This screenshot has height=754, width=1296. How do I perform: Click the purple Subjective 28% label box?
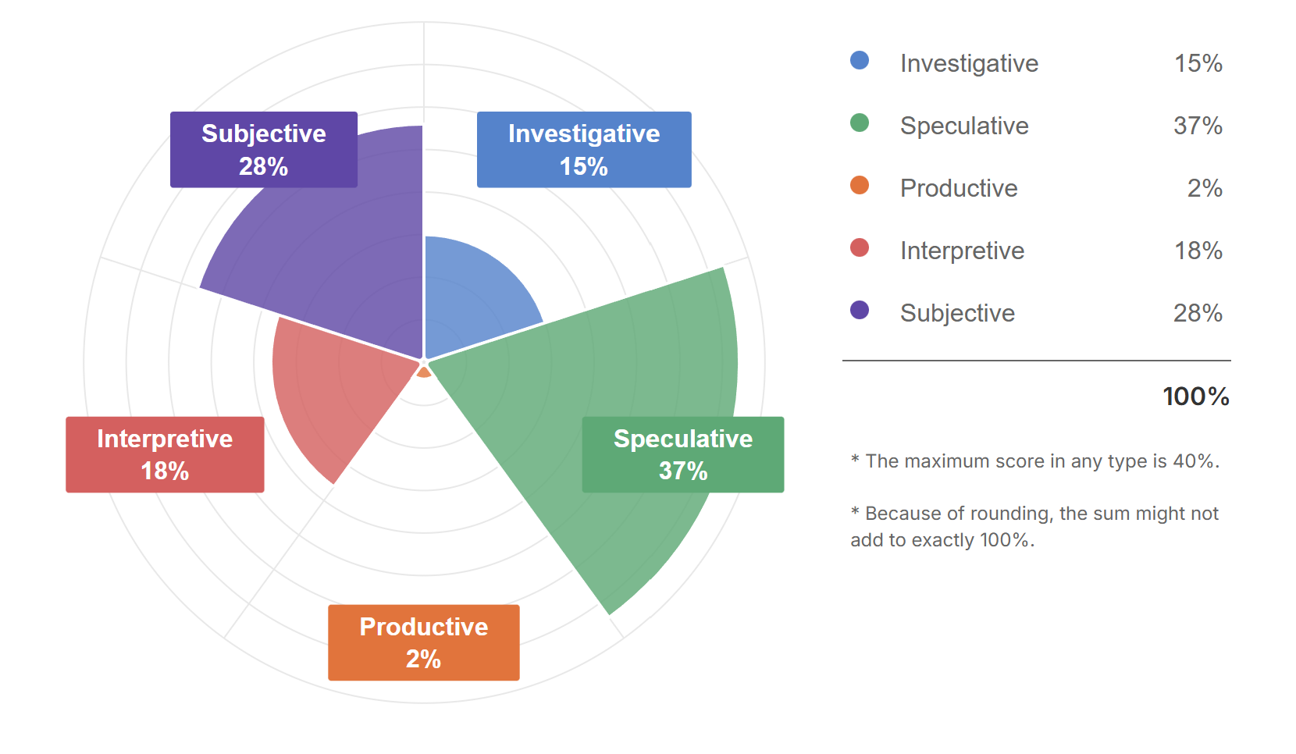pos(264,149)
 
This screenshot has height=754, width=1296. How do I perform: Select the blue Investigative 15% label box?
pos(584,149)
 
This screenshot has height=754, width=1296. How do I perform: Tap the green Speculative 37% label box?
pos(683,454)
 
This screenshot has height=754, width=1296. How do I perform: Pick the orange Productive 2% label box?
pos(424,642)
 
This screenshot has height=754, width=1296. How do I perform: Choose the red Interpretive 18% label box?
pos(165,454)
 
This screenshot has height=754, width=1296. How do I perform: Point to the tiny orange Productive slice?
pos(424,372)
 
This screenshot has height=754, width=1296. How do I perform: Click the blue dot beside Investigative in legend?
pos(860,61)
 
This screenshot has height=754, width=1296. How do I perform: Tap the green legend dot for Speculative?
pos(860,123)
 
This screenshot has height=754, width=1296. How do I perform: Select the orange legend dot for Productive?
pos(860,186)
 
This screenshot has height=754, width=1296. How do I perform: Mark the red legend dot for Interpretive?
pos(860,248)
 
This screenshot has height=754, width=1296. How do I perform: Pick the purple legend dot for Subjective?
pos(860,311)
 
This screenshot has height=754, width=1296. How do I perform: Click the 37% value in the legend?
pos(1198,126)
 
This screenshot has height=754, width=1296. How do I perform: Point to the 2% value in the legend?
pos(1205,188)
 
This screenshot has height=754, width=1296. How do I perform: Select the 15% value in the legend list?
pos(1198,63)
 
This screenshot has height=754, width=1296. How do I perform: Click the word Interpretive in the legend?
pos(962,251)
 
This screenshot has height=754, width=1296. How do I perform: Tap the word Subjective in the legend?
pos(957,313)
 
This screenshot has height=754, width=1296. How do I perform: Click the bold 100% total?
pos(1196,397)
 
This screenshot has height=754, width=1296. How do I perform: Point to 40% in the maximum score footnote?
pos(1195,461)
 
